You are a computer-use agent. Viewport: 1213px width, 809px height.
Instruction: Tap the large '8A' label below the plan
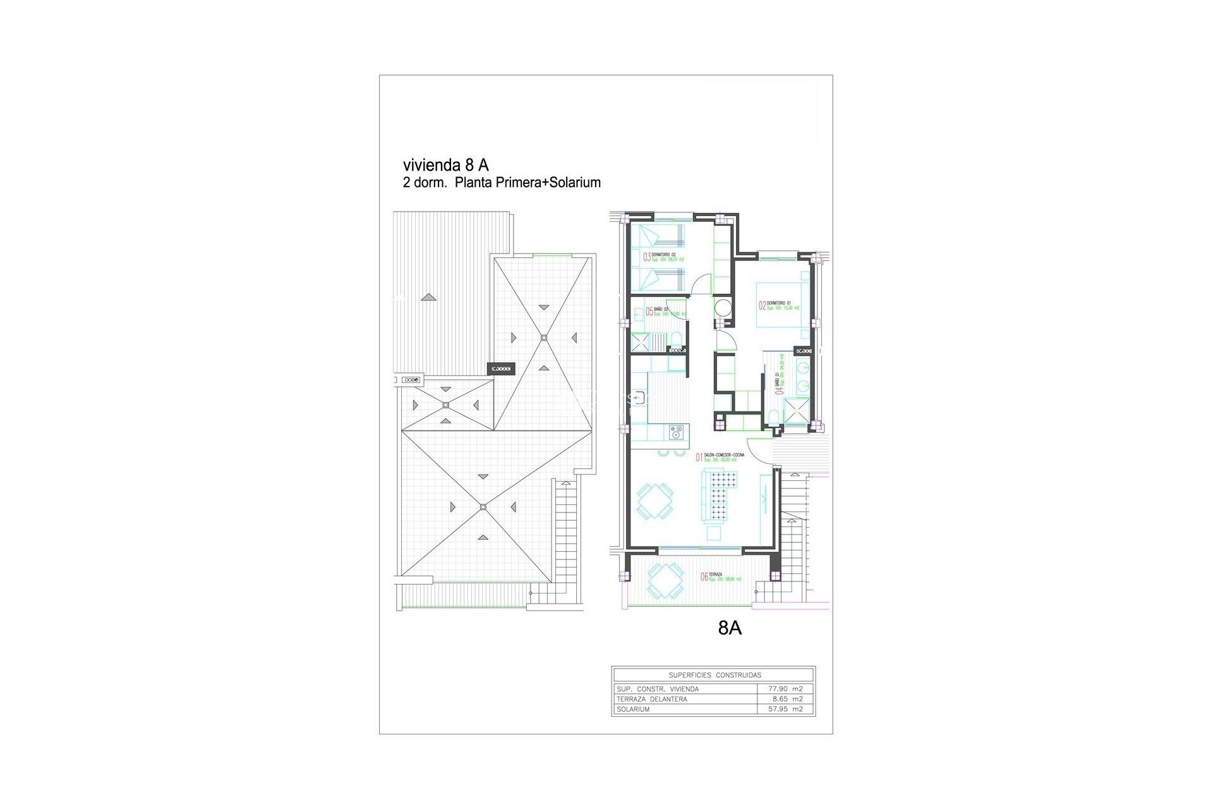[x=730, y=628]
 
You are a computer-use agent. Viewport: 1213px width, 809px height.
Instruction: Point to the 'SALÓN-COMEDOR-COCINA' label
[x=723, y=455]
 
